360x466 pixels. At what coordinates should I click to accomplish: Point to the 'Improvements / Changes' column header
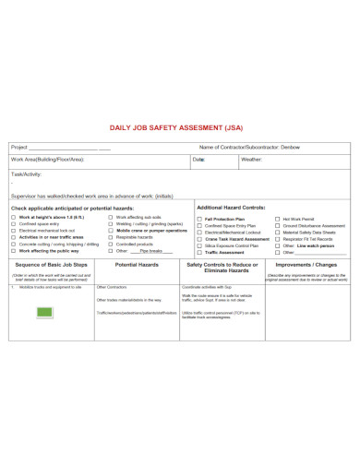coord(307,264)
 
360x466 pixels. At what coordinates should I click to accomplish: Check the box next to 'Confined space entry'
coord(13,224)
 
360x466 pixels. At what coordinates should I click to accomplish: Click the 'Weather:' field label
coord(252,160)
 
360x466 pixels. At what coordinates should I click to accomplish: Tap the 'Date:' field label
coord(198,160)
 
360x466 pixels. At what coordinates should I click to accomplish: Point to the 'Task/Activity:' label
coord(27,173)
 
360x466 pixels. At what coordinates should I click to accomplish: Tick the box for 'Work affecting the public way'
coord(13,250)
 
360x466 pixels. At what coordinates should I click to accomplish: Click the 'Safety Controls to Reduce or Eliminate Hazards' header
coord(220,268)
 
